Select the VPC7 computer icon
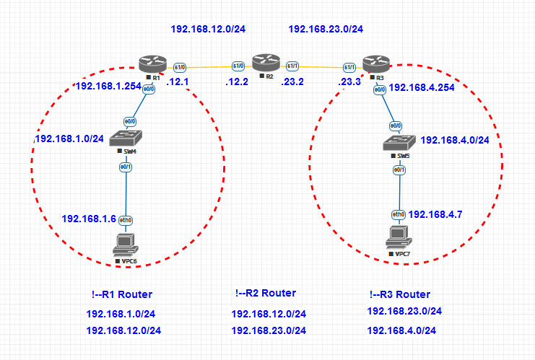398,236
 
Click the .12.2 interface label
236,82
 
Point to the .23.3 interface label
350,82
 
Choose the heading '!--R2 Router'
265,293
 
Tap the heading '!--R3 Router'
399,294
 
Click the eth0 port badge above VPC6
125,219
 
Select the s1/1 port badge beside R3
349,67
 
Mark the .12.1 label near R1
177,82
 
